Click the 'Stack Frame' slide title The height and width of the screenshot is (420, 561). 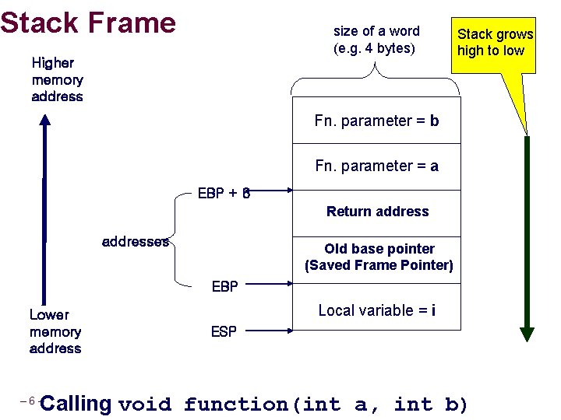[88, 23]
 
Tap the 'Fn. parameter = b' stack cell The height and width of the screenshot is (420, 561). [376, 121]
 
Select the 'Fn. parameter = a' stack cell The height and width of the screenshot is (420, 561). [376, 166]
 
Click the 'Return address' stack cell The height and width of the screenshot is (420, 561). [377, 212]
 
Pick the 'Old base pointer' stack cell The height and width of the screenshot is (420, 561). [379, 257]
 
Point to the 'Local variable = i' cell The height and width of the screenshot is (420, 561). [376, 310]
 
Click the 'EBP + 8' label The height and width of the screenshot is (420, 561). [224, 194]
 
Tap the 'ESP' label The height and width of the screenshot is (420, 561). [224, 332]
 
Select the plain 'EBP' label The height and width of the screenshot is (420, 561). [224, 287]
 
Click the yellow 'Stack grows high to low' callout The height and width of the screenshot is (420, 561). [495, 44]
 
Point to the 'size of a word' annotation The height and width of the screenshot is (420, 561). [376, 40]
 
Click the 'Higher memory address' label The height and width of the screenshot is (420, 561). [57, 79]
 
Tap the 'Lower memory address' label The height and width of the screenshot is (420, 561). [55, 332]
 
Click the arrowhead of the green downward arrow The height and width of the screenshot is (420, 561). [527, 334]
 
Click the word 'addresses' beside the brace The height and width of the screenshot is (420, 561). [136, 242]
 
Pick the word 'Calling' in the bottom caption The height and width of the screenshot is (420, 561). [76, 404]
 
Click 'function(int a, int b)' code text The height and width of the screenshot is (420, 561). [326, 404]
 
